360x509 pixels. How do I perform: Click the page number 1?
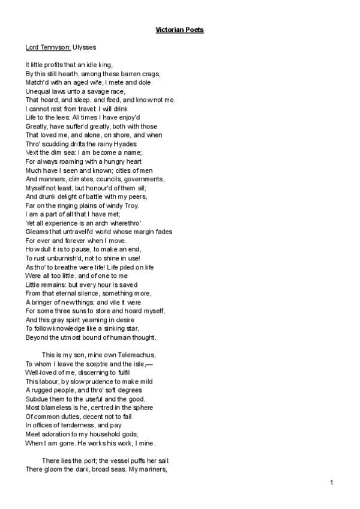[331, 483]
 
